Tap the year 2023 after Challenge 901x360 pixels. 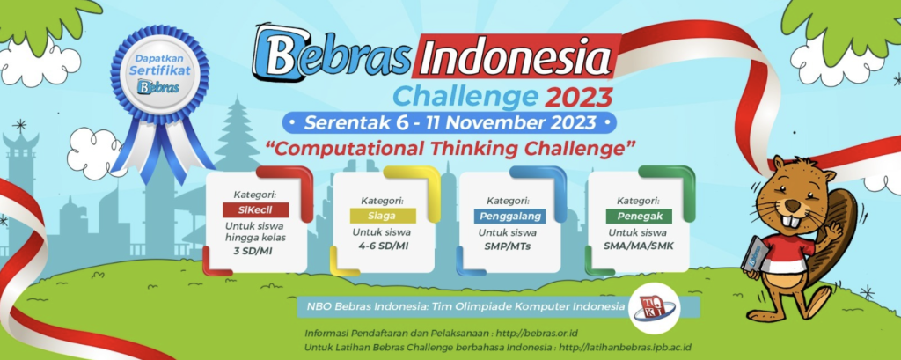(577, 93)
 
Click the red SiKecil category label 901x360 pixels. (254, 209)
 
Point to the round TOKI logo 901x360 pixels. (652, 306)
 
